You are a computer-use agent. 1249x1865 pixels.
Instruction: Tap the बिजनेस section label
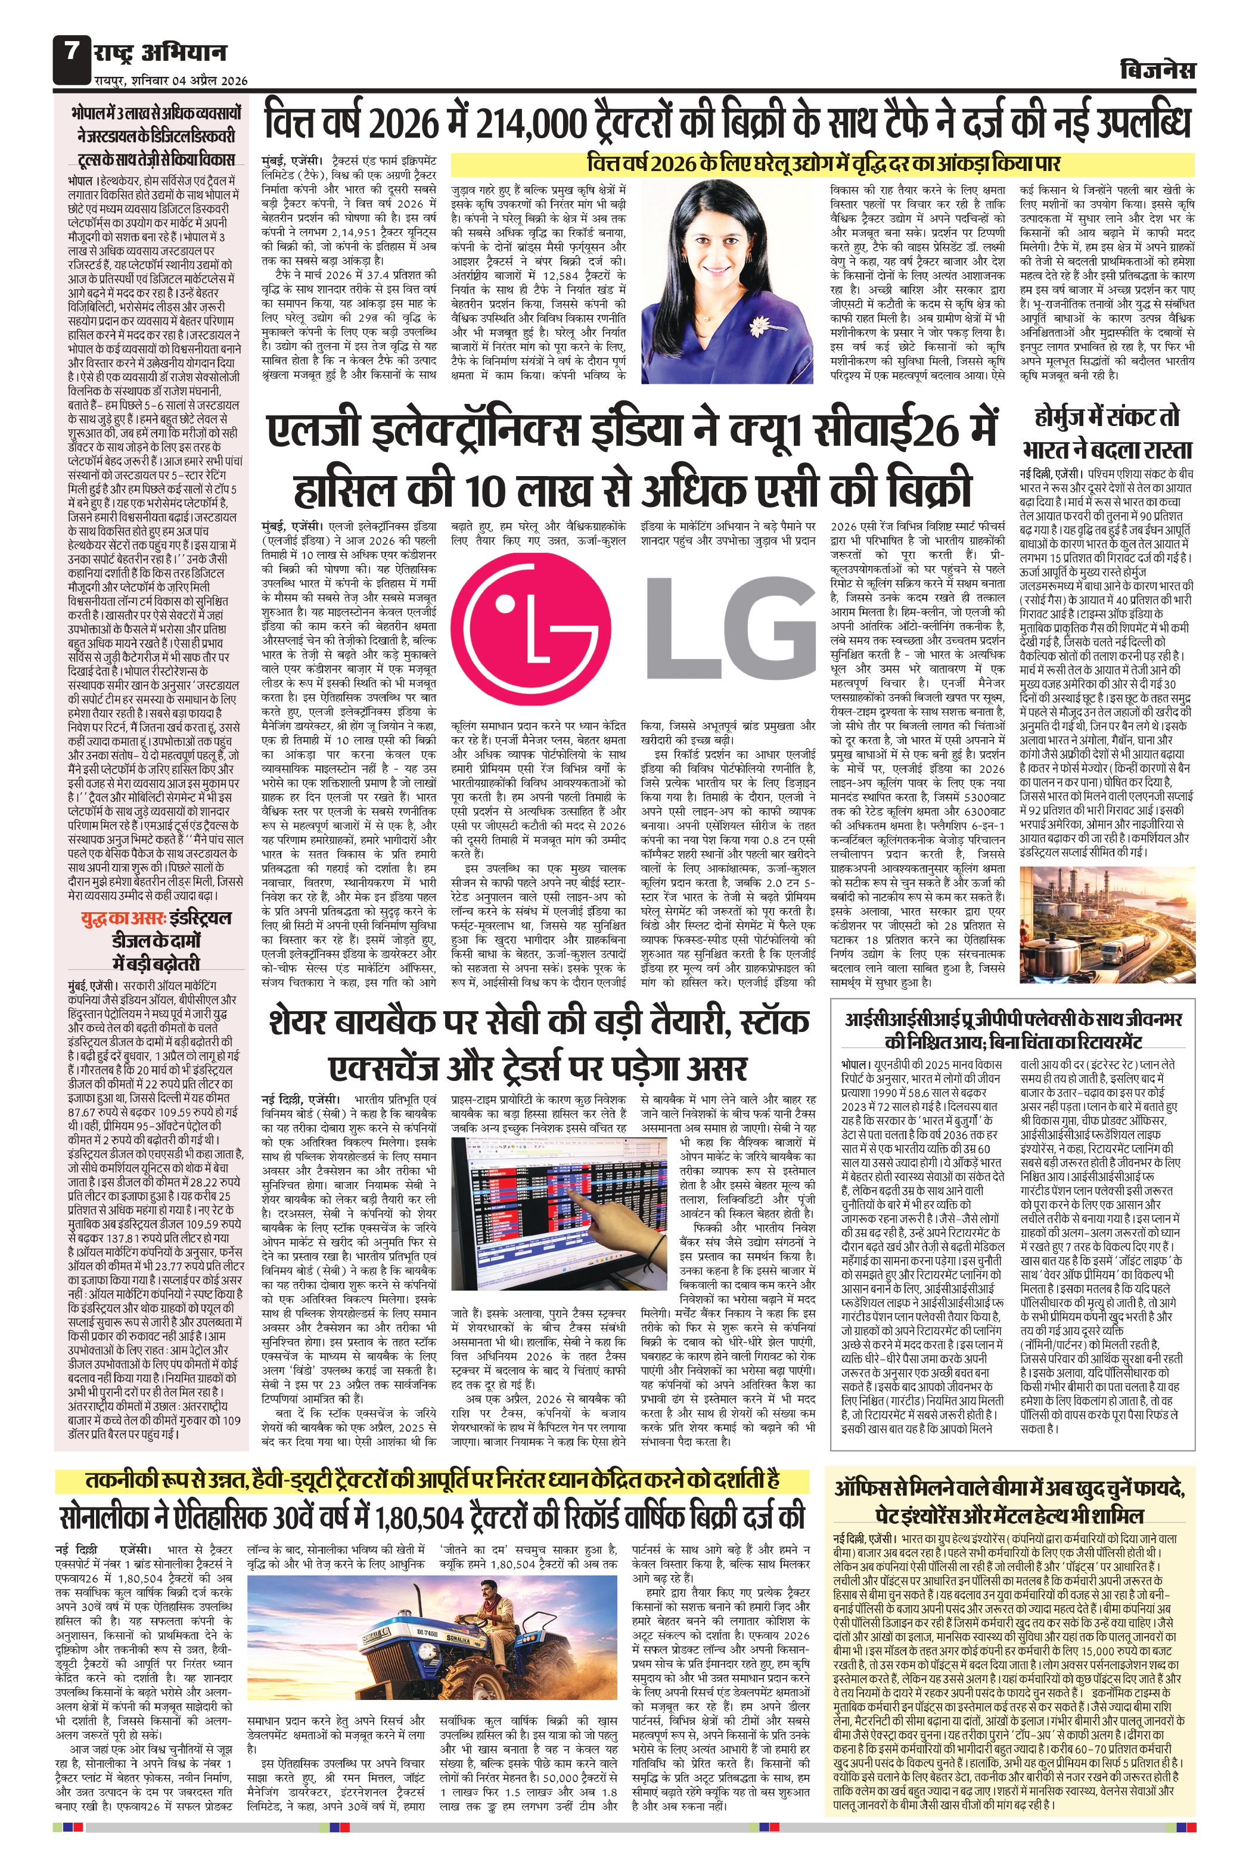click(1157, 70)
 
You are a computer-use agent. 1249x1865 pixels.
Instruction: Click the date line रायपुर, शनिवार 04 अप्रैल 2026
click(170, 80)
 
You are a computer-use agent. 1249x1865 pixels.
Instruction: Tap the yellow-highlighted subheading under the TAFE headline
click(823, 163)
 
